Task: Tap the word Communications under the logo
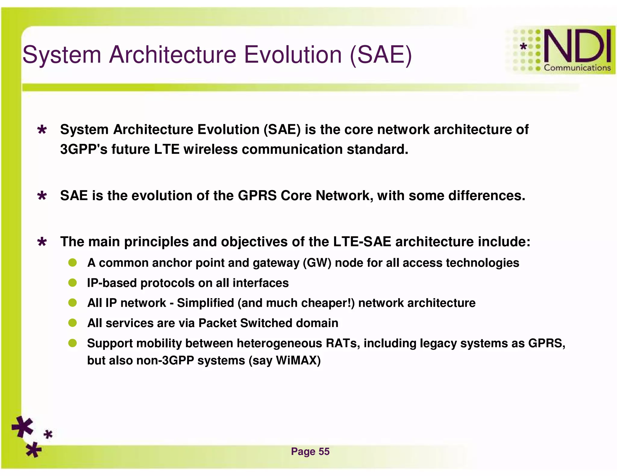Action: (577, 68)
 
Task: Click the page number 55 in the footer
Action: (324, 451)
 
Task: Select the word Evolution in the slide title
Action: (292, 55)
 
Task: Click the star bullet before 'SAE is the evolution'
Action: (42, 196)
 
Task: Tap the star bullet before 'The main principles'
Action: (42, 242)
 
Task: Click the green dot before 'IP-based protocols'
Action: (72, 283)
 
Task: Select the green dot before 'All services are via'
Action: (72, 323)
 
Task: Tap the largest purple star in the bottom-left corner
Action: (23, 426)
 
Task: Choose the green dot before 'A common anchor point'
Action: (72, 263)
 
